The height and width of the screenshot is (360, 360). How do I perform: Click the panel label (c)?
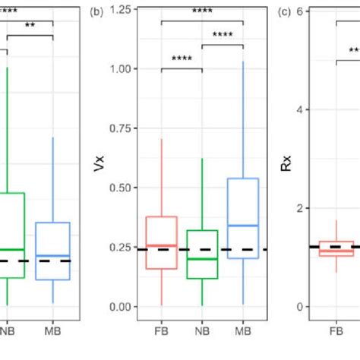pyautogui.click(x=284, y=12)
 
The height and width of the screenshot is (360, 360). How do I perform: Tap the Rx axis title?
pyautogui.click(x=285, y=164)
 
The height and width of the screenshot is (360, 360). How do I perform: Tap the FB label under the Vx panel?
pyautogui.click(x=161, y=332)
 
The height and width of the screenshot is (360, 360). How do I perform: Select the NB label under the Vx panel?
pyautogui.click(x=202, y=332)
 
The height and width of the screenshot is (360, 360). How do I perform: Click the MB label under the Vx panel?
pyautogui.click(x=243, y=332)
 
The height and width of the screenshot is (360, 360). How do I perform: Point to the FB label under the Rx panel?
pyautogui.click(x=336, y=332)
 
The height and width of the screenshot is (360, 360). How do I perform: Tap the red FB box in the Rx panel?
pyautogui.click(x=336, y=248)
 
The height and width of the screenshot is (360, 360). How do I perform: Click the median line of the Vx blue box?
pyautogui.click(x=243, y=226)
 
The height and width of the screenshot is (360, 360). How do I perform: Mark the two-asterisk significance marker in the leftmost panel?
pyautogui.click(x=30, y=25)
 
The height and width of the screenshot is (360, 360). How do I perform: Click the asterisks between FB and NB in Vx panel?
pyautogui.click(x=182, y=59)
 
